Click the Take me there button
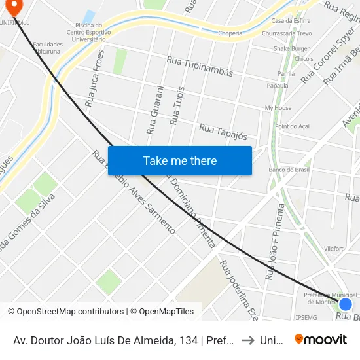(x=180, y=160)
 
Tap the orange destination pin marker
(x=12, y=7)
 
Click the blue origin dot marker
(x=346, y=304)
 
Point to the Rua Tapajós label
(x=223, y=132)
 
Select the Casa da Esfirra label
(x=295, y=21)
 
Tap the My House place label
(x=278, y=107)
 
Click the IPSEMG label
(x=306, y=318)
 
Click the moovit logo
(x=321, y=339)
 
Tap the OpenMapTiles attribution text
(x=162, y=312)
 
